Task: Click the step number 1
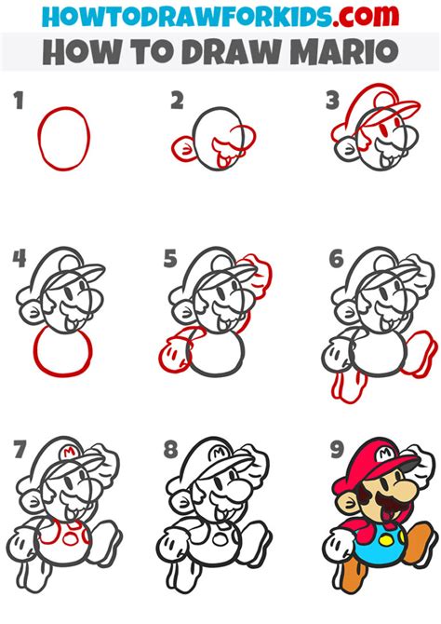pyautogui.click(x=19, y=101)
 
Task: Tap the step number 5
pyautogui.click(x=170, y=259)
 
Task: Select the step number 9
pyautogui.click(x=337, y=450)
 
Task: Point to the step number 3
pyautogui.click(x=332, y=101)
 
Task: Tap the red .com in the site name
pyautogui.click(x=366, y=16)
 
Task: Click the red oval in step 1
pyautogui.click(x=64, y=139)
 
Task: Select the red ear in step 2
pyautogui.click(x=182, y=148)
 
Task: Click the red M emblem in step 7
pyautogui.click(x=70, y=452)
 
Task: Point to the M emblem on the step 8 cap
pyautogui.click(x=220, y=453)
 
